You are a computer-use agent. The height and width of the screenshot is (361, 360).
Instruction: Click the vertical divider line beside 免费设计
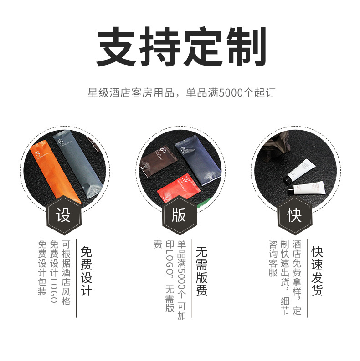76,278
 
